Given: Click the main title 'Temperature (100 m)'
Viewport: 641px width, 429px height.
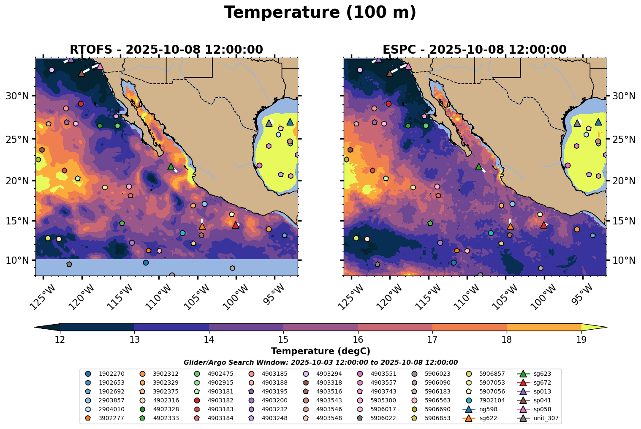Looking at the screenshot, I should coord(320,13).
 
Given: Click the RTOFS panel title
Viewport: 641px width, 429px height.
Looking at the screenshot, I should coord(166,49).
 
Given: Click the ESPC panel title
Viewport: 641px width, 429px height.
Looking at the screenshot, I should coord(474,49).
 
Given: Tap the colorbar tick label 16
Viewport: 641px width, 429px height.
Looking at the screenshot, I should coord(358,339).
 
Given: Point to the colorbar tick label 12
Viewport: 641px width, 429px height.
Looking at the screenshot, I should coord(60,339).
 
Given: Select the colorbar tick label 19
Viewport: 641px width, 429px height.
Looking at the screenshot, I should coord(581,339).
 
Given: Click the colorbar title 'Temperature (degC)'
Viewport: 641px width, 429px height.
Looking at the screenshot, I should coord(320,351).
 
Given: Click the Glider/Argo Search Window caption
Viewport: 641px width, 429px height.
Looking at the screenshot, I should coord(320,362).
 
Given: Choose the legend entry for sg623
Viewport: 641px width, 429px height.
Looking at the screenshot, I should coord(536,374).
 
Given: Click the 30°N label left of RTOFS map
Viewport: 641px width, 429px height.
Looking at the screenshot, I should coord(17,96).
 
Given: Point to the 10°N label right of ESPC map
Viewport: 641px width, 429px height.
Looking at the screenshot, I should coord(624,260).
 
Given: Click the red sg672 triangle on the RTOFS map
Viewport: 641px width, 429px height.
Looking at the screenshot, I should coord(236,225).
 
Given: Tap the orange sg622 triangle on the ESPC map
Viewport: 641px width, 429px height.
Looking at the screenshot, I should coord(510,227).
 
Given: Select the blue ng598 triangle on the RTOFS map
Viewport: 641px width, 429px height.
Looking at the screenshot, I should coord(290,122).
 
